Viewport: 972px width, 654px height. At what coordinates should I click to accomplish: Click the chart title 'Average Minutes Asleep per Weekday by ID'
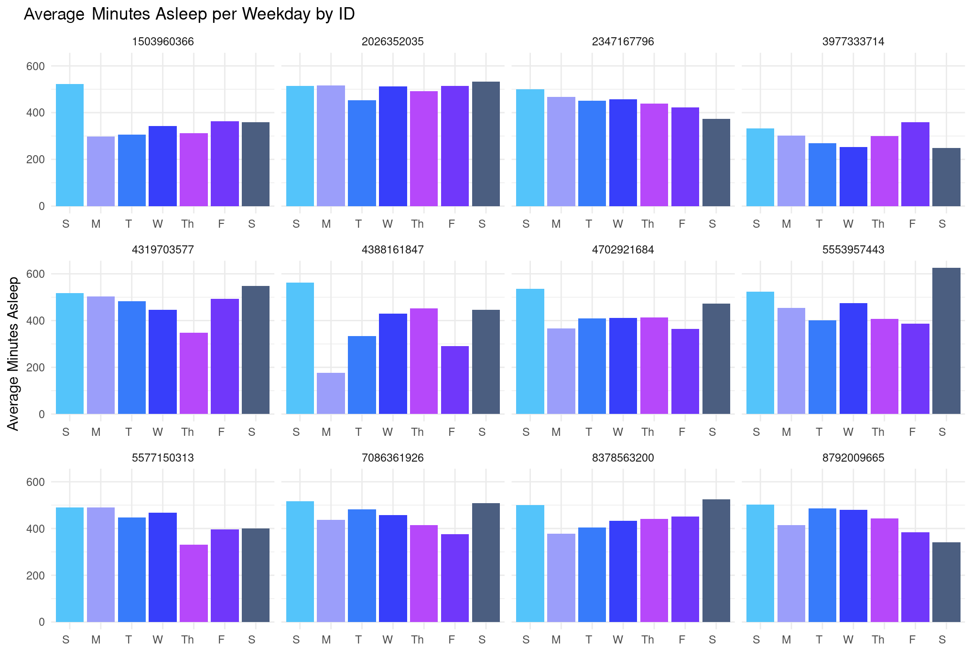click(189, 14)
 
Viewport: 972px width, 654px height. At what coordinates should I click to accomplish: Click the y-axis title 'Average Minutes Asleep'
click(13, 353)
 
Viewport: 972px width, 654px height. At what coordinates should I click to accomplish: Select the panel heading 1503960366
click(162, 42)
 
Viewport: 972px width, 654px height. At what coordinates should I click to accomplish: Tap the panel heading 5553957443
click(853, 250)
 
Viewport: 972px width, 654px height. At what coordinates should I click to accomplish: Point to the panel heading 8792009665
click(853, 458)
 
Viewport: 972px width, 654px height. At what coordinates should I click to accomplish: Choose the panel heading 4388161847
click(392, 250)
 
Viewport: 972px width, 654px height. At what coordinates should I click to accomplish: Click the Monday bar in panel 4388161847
click(331, 393)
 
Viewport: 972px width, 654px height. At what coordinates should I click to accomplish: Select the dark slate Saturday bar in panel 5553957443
click(946, 341)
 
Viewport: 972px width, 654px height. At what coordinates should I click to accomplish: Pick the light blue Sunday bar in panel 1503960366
click(70, 145)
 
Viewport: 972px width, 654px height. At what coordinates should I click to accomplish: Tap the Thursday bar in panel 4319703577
click(194, 373)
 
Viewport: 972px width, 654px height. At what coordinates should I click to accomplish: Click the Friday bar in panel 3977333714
click(915, 164)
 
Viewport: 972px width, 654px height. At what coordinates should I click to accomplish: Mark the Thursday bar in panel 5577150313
click(194, 583)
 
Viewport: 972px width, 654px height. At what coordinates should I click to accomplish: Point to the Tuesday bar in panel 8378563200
click(592, 575)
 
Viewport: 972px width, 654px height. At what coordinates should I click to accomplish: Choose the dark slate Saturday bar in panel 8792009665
click(946, 582)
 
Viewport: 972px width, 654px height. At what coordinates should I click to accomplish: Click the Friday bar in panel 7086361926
click(455, 578)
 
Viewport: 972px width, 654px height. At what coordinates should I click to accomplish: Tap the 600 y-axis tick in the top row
click(36, 66)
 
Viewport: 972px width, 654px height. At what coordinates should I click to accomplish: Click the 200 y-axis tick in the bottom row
click(36, 576)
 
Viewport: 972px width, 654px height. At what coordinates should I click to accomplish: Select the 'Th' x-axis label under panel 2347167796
click(648, 224)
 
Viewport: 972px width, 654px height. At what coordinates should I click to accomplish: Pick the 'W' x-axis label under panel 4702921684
click(618, 432)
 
